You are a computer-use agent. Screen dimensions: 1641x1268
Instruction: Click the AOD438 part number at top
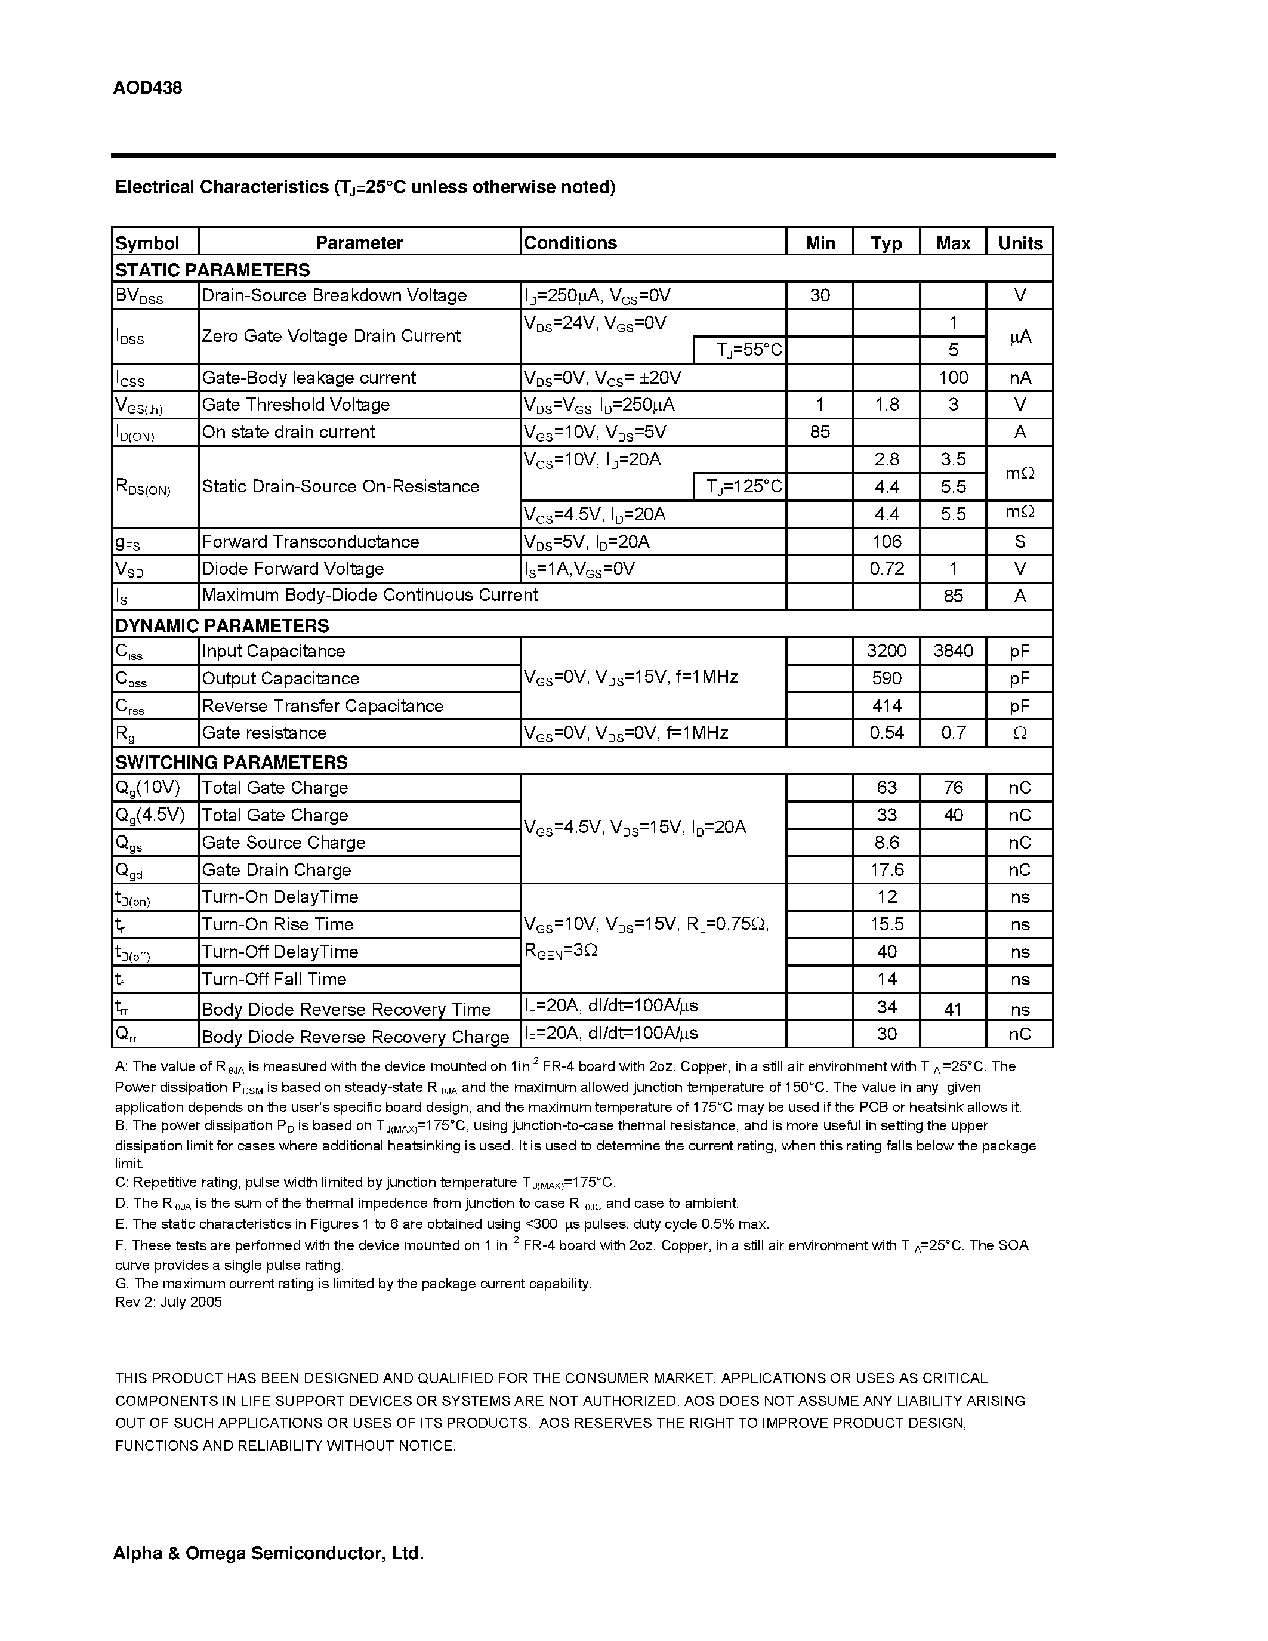click(x=147, y=88)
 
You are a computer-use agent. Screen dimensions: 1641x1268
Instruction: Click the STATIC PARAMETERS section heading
click(x=212, y=270)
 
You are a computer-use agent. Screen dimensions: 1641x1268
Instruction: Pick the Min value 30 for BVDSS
click(x=819, y=295)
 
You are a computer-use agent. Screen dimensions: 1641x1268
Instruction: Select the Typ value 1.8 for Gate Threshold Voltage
click(x=886, y=405)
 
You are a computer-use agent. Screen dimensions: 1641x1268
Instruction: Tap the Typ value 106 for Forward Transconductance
click(x=886, y=542)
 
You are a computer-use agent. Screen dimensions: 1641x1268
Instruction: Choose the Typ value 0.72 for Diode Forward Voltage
click(x=886, y=569)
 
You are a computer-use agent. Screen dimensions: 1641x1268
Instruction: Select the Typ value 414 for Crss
click(x=886, y=705)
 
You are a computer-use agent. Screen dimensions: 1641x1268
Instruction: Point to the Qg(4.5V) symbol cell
click(x=150, y=815)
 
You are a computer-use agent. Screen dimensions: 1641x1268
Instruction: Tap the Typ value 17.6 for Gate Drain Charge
click(x=886, y=870)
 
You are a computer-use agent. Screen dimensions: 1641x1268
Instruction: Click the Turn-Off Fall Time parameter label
click(x=273, y=979)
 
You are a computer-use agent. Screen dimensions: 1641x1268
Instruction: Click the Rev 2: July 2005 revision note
click(x=168, y=1302)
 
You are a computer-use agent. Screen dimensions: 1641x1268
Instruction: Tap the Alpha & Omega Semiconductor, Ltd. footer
click(x=268, y=1553)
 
